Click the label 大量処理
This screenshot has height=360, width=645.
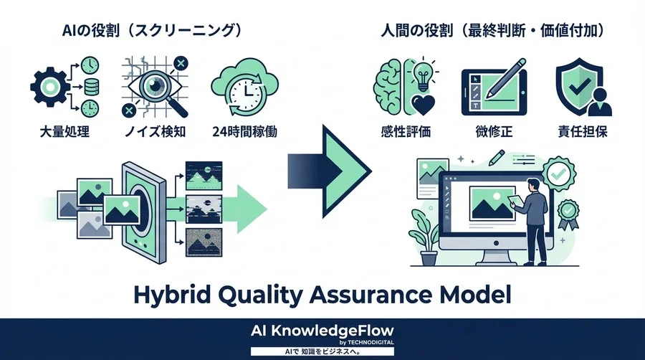64,132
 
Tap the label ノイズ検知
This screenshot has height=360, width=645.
156,132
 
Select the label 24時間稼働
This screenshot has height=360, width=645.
245,132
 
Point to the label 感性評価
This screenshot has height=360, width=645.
406,132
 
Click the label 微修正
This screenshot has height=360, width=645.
494,132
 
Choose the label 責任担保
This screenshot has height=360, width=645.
583,132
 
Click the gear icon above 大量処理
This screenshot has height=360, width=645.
49,87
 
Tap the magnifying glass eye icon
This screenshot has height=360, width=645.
156,87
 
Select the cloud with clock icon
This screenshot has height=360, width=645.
244,87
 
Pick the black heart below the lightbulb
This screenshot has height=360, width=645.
423,105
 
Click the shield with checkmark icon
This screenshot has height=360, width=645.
579,85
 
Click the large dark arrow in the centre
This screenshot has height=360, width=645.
329,171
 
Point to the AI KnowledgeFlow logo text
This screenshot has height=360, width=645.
322,331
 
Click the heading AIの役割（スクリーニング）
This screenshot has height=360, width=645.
151,30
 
